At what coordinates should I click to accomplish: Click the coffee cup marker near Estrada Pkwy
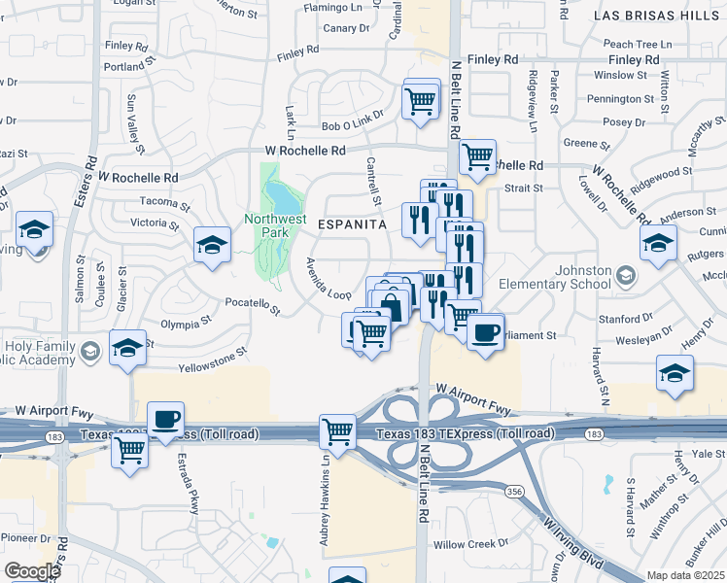166,418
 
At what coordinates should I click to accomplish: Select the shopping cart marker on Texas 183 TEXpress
336,430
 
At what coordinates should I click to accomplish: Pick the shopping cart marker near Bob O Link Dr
420,100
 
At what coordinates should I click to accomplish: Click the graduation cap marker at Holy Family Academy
127,348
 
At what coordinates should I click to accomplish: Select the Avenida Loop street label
328,280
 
